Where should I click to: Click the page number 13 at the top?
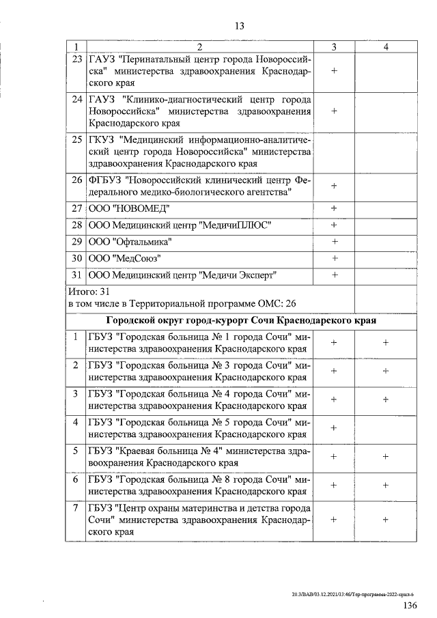pos(239,27)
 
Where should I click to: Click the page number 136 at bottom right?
pos(410,606)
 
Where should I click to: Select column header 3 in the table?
pos(334,46)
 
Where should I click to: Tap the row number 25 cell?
pos(76,140)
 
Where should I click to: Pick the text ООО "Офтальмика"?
pos(129,242)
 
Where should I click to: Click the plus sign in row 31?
pos(335,275)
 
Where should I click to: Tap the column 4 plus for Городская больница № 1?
pos(386,343)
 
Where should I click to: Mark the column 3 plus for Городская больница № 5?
pos(335,427)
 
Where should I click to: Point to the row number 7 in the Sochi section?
pos(74,507)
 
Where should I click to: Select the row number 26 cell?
pos(76,180)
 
